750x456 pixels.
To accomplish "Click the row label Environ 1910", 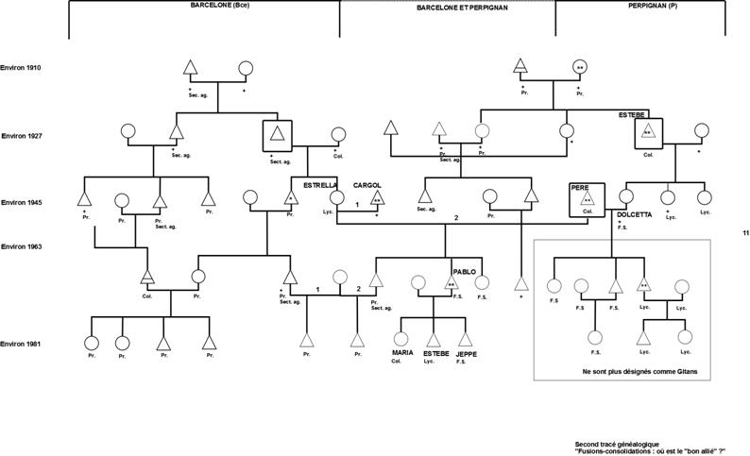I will point(21,68).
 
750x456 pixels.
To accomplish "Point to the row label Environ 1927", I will point(21,137).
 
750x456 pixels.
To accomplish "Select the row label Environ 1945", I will point(21,202).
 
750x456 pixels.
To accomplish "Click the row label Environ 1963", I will point(21,246).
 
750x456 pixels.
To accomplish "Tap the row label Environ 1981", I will point(21,344).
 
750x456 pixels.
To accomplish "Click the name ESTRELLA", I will point(319,184).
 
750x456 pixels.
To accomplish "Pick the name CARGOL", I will point(367,184).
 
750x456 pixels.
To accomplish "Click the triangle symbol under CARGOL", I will point(376,198).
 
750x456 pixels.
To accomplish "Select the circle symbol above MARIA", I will point(401,337).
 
